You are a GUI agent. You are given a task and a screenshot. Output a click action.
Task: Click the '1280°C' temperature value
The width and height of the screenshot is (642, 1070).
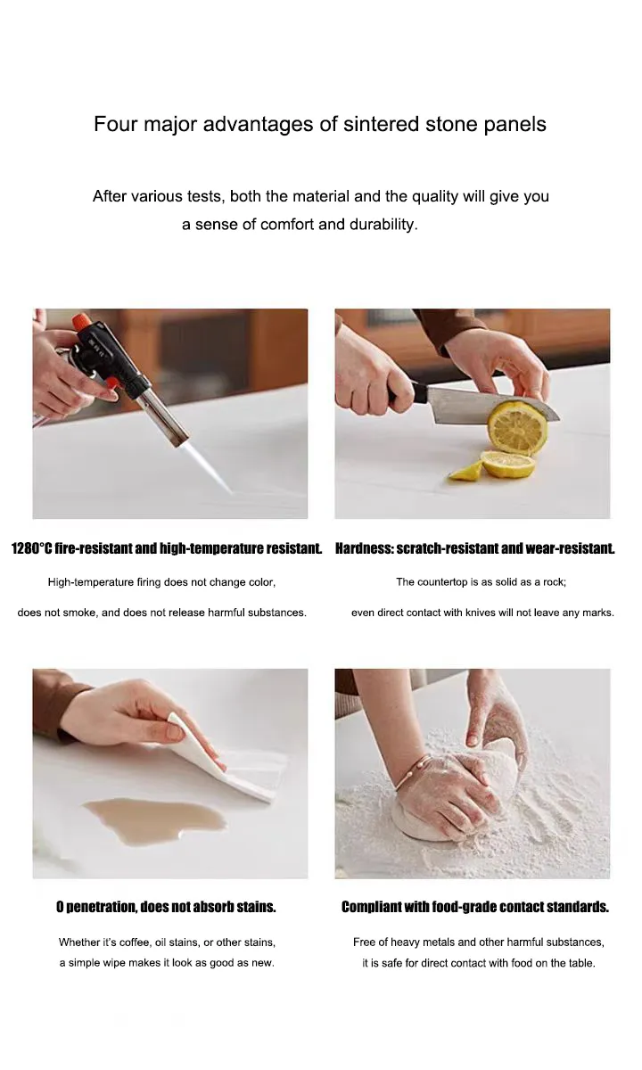point(31,549)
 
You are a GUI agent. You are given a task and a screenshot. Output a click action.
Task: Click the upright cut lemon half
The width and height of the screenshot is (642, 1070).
point(517,427)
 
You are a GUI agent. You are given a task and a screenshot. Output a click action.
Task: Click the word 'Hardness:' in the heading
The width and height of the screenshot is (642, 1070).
point(364,549)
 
